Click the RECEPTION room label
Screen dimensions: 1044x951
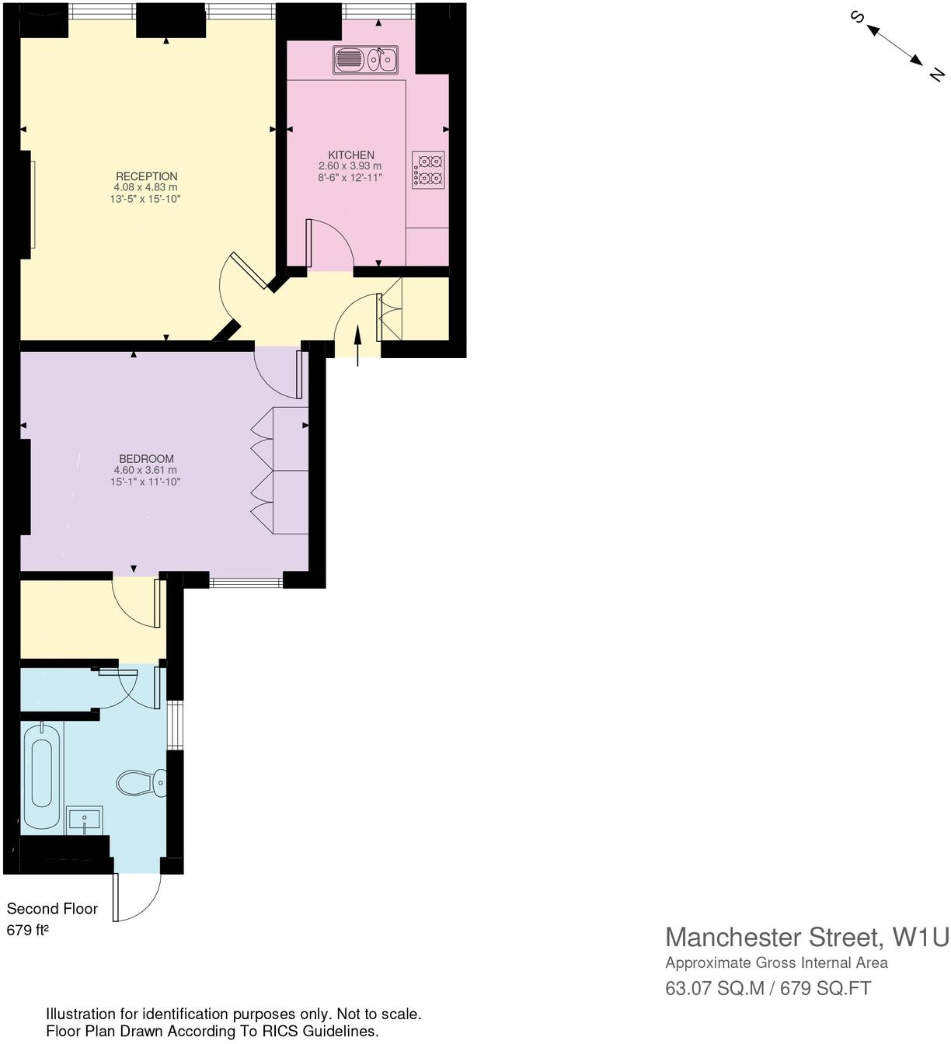pyautogui.click(x=146, y=176)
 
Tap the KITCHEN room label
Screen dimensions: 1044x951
pyautogui.click(x=350, y=155)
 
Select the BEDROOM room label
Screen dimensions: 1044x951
pyautogui.click(x=146, y=459)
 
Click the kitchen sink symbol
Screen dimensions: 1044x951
pyautogui.click(x=365, y=59)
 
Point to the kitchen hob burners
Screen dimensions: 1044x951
pyautogui.click(x=428, y=170)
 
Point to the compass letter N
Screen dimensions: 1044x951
pyautogui.click(x=936, y=75)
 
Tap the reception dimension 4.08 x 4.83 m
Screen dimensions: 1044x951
pyautogui.click(x=146, y=187)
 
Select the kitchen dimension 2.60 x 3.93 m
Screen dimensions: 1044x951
pyautogui.click(x=350, y=166)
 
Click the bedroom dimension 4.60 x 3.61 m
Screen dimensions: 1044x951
pyautogui.click(x=146, y=470)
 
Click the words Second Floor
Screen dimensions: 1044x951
pyautogui.click(x=52, y=909)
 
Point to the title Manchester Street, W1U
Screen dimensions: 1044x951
pyautogui.click(x=806, y=938)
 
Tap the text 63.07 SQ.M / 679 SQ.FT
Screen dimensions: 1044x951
pyautogui.click(x=768, y=988)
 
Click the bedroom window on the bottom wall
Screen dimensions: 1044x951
pyautogui.click(x=246, y=582)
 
